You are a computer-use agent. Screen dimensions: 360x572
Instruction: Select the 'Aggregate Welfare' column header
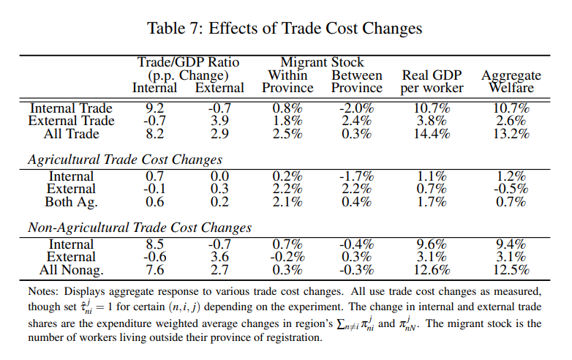pos(511,82)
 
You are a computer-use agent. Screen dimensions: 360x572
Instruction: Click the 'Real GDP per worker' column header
pos(432,82)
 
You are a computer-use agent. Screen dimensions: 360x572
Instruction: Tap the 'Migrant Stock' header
pos(322,63)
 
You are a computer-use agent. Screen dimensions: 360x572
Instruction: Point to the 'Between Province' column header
pos(357,82)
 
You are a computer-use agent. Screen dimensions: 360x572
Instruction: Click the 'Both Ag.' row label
pos(71,202)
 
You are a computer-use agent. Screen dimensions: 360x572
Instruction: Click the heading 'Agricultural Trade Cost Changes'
pos(124,159)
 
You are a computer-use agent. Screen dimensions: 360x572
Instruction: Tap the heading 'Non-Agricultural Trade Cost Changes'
pos(139,227)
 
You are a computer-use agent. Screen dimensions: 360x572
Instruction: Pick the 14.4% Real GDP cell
pos(432,134)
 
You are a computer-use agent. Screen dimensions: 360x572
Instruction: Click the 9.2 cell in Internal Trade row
pos(154,108)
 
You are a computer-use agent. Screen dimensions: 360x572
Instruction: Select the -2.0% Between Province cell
pos(357,108)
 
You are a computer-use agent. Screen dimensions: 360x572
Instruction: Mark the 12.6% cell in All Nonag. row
pos(432,270)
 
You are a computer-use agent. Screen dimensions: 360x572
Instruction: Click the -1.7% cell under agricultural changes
pos(357,176)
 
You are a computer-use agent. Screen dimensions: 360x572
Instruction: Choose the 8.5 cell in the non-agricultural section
pos(154,244)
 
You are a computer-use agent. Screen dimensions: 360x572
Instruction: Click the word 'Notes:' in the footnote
pos(42,292)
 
